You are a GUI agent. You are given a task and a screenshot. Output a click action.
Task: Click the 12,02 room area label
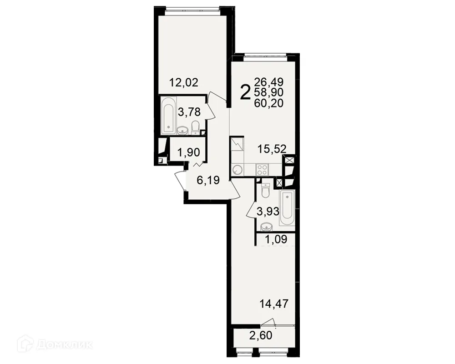[184, 82]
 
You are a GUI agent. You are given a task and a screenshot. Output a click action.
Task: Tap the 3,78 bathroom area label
[189, 112]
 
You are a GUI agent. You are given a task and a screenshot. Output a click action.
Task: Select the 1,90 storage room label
[189, 152]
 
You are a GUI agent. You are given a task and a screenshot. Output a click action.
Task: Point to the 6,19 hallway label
[208, 180]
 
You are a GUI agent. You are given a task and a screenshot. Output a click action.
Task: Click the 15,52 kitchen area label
[272, 149]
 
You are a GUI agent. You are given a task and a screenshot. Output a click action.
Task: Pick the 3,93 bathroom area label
[268, 211]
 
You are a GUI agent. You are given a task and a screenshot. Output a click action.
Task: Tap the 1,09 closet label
[276, 239]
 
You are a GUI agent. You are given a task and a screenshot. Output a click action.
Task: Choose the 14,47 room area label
[274, 303]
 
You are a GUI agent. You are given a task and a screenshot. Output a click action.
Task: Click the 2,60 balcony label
[261, 335]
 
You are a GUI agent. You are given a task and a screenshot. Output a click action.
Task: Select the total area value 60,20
[269, 103]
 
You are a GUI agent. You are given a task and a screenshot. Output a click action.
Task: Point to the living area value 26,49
[269, 82]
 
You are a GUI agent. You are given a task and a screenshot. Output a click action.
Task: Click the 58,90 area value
[269, 92]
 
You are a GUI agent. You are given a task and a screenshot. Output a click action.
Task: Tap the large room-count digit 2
[245, 92]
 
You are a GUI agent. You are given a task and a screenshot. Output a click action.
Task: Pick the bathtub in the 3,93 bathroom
[287, 207]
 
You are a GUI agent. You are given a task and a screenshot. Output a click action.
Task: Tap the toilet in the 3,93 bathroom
[265, 190]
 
